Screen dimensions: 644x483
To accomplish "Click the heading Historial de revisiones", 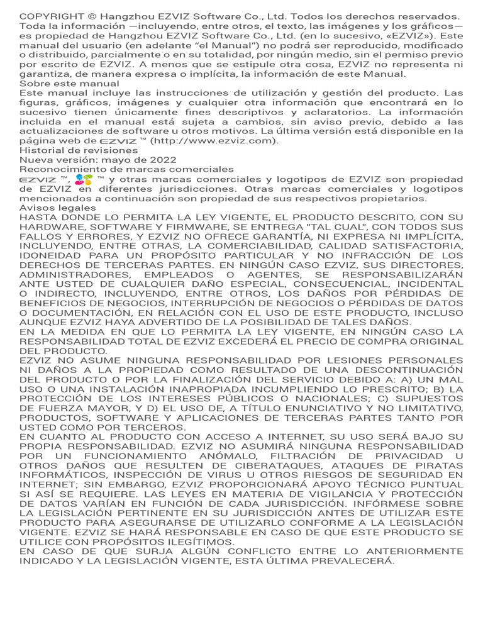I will pyautogui.click(x=79, y=150).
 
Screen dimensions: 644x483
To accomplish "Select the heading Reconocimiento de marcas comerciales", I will pyautogui.click(x=126, y=169).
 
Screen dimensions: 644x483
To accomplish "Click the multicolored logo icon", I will pyautogui.click(x=82, y=180).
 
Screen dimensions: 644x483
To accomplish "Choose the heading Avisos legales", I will pyautogui.click(x=58, y=208).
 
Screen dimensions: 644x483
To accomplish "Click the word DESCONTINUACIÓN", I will pyautogui.click(x=406, y=370).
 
